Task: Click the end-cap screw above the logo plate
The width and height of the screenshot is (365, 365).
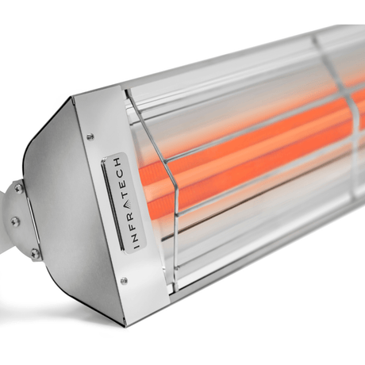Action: point(90,136)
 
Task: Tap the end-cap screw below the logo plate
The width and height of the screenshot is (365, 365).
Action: point(123,280)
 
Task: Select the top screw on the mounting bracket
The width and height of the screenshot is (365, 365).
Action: point(17,189)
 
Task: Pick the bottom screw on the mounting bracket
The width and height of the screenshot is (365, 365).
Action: point(33,253)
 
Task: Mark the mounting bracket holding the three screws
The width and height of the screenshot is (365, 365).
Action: point(22,222)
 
